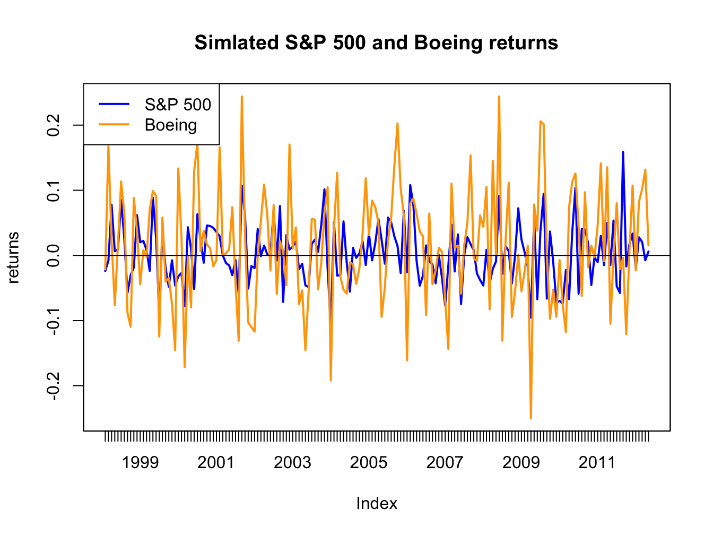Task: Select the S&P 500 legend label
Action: pos(178,105)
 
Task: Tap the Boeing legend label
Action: pos(171,125)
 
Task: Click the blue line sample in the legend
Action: pos(114,105)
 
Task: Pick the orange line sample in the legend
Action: pos(114,125)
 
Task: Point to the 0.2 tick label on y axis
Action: pos(53,125)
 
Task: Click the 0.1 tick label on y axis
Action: pos(53,190)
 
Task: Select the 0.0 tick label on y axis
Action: pos(53,255)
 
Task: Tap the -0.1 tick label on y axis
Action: pos(53,321)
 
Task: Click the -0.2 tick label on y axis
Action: pos(53,386)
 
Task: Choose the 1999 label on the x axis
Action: pos(140,463)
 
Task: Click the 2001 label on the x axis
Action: pos(216,463)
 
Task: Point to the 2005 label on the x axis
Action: pos(369,463)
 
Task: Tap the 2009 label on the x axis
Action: pos(521,463)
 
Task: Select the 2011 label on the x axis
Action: pos(597,463)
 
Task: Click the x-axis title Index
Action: pos(377,503)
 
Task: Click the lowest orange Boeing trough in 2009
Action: pos(531,418)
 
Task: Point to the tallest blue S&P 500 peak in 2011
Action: pos(623,152)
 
